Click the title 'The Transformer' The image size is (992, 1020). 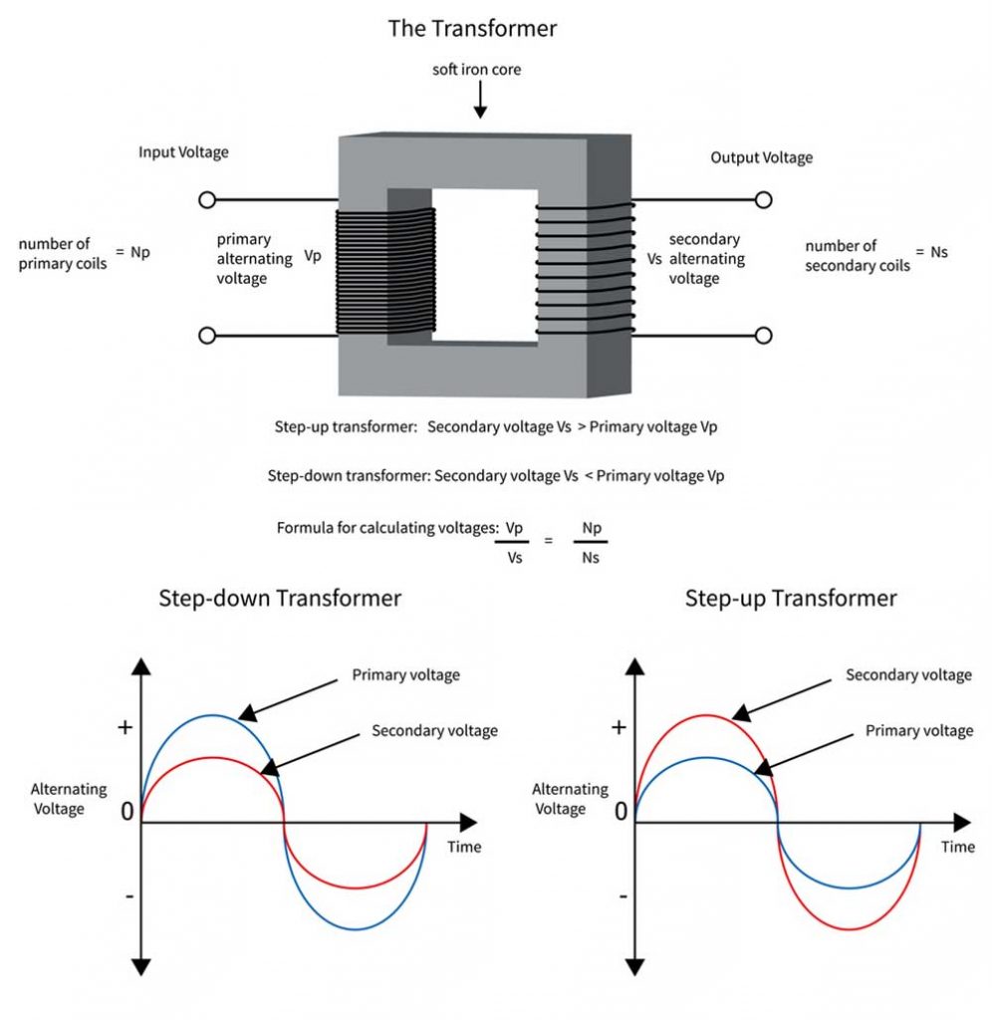[472, 29]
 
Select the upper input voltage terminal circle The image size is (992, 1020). [207, 200]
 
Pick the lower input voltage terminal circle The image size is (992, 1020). [207, 336]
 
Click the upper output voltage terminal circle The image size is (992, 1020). [764, 200]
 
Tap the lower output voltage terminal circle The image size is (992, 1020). [764, 336]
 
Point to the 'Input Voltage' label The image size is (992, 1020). [183, 152]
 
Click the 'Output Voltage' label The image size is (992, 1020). [761, 157]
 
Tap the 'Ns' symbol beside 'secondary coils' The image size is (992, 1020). [938, 252]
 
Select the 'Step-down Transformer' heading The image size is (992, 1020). [280, 599]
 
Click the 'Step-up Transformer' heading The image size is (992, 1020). [791, 599]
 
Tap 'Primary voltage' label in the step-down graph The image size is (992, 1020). [406, 674]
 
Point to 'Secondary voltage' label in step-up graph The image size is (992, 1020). [908, 674]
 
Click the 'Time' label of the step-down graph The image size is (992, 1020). [463, 847]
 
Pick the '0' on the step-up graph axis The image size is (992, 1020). [621, 812]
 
